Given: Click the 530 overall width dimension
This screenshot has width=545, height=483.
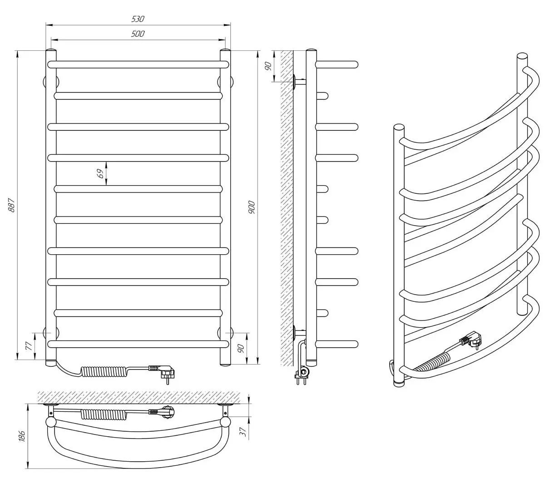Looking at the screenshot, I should tap(138, 19).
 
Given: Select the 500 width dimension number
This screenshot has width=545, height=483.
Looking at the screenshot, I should tap(138, 34).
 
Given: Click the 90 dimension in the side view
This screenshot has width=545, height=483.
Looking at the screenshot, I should tap(268, 66).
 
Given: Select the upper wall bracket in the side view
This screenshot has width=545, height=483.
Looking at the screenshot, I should tap(299, 82).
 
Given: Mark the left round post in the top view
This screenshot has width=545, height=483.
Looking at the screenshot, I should tap(51, 423).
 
